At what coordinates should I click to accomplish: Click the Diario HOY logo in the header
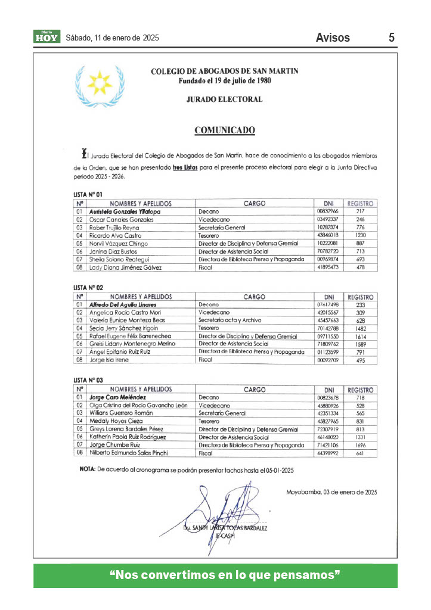pyautogui.click(x=46, y=37)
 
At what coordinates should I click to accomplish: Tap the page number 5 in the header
pyautogui.click(x=392, y=38)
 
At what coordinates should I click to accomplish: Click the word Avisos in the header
pyautogui.click(x=333, y=38)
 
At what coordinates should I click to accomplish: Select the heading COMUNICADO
pyautogui.click(x=225, y=130)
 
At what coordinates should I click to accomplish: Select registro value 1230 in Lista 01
pyautogui.click(x=360, y=235)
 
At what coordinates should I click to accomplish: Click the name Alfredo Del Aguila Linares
pyautogui.click(x=122, y=304)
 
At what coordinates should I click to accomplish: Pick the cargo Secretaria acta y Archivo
pyautogui.click(x=230, y=320)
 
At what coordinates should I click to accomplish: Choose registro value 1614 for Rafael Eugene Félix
pyautogui.click(x=360, y=336)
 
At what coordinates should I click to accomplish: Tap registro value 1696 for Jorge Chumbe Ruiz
pyautogui.click(x=360, y=445)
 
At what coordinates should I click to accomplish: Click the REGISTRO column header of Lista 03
pyautogui.click(x=360, y=390)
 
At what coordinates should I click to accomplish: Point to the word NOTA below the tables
pyautogui.click(x=86, y=470)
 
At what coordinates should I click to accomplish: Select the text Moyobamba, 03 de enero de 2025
pyautogui.click(x=331, y=492)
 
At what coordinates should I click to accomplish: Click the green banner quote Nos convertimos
pyautogui.click(x=225, y=575)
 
